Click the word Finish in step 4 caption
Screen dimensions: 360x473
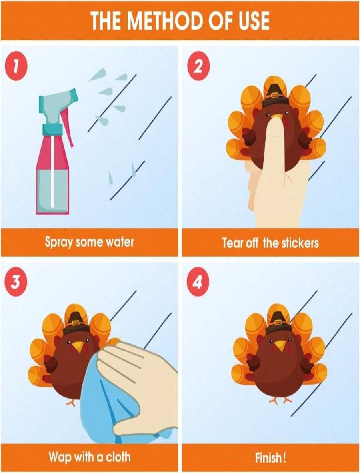268,458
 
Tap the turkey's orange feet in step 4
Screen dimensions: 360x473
280,400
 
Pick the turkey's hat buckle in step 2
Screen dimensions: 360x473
274,95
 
